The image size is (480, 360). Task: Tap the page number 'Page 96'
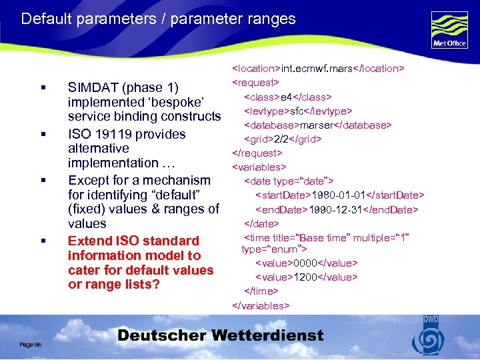pyautogui.click(x=31, y=344)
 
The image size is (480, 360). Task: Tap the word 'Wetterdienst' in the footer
pyautogui.click(x=265, y=336)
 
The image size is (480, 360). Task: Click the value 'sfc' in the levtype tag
pyautogui.click(x=299, y=111)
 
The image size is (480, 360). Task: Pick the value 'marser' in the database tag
pyautogui.click(x=322, y=125)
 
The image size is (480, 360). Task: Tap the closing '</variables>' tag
pyautogui.click(x=261, y=305)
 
